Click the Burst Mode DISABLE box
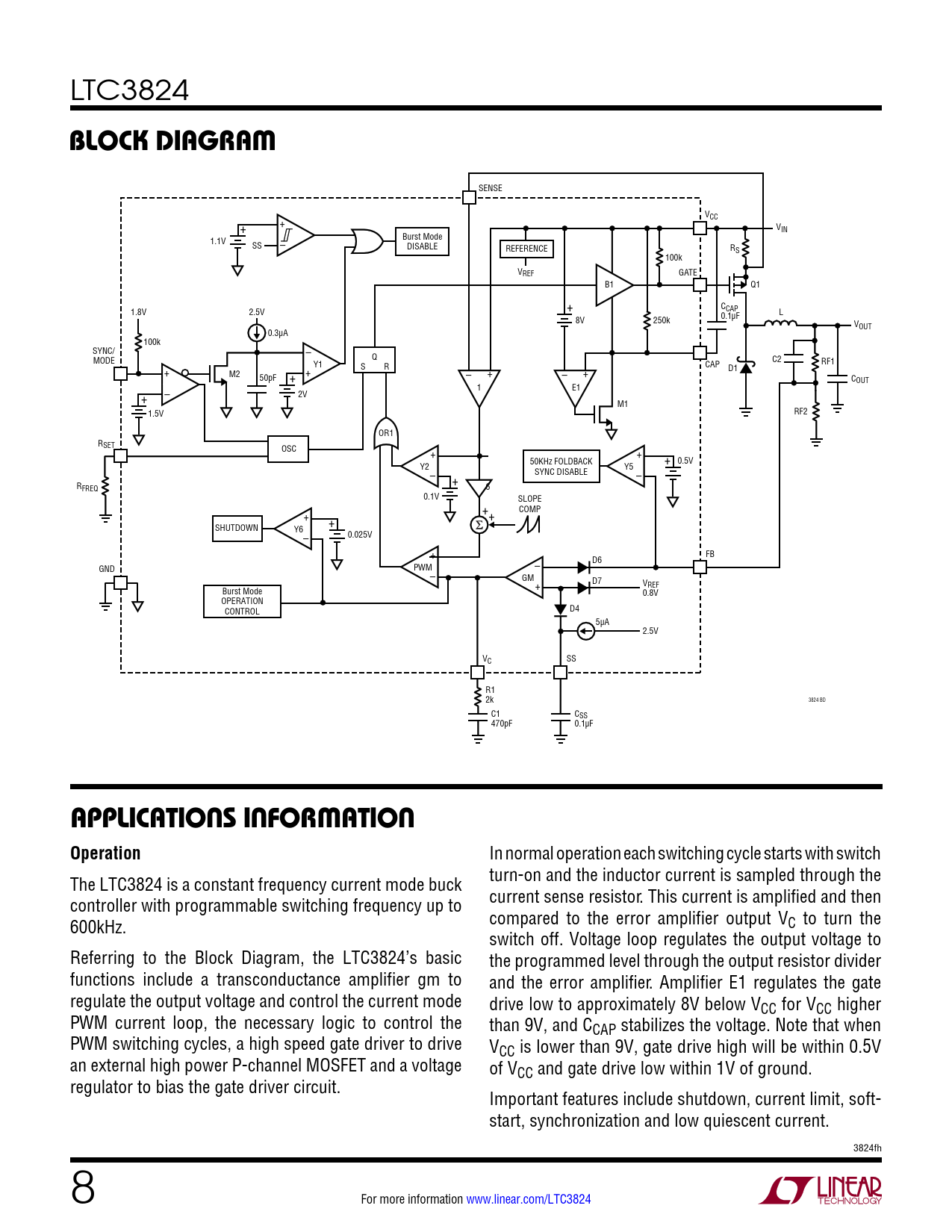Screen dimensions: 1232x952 (x=422, y=242)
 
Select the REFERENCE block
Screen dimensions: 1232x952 (x=526, y=249)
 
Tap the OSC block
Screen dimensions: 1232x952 (x=288, y=449)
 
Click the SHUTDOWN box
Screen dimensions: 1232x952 (x=237, y=528)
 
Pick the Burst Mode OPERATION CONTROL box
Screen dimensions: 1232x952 (x=242, y=601)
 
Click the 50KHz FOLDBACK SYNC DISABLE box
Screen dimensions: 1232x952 (x=561, y=467)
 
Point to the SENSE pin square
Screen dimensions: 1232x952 (x=469, y=197)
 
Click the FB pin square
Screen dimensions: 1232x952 (x=700, y=567)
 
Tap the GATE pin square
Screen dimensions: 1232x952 (x=700, y=284)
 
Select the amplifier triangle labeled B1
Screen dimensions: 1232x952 (x=612, y=284)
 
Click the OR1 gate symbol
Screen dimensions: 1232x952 (x=385, y=433)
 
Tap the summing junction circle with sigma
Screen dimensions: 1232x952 (x=479, y=525)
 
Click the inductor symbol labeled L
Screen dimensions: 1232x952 (x=781, y=323)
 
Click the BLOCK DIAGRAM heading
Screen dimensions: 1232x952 (x=172, y=140)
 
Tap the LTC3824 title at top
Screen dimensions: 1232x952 (x=130, y=91)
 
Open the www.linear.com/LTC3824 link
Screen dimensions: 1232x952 (x=529, y=1199)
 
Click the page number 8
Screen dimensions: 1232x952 (x=83, y=1188)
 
